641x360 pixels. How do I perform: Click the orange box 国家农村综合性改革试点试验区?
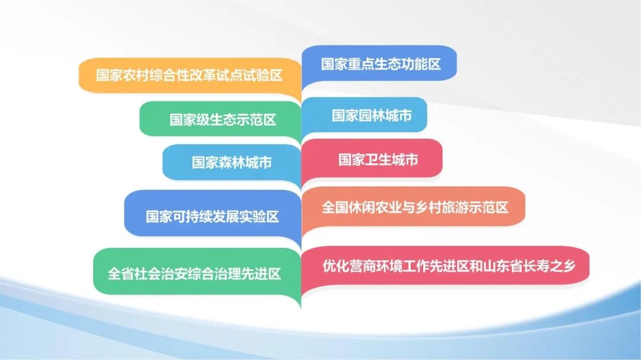(x=190, y=75)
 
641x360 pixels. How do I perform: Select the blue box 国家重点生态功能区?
(x=379, y=63)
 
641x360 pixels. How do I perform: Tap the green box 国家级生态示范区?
(x=220, y=119)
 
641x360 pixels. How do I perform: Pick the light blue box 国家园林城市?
(x=364, y=115)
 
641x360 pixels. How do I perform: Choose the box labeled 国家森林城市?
(x=232, y=163)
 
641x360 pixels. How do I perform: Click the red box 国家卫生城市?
(x=372, y=159)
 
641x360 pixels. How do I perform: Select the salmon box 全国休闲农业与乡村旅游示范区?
(x=413, y=207)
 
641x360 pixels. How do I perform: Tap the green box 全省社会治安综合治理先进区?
(x=197, y=273)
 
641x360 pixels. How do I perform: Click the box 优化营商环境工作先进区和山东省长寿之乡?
(x=445, y=266)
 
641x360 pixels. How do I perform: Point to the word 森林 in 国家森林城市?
(x=232, y=163)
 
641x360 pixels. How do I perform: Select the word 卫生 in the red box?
(x=377, y=160)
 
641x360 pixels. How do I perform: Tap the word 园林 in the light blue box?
(x=372, y=116)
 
